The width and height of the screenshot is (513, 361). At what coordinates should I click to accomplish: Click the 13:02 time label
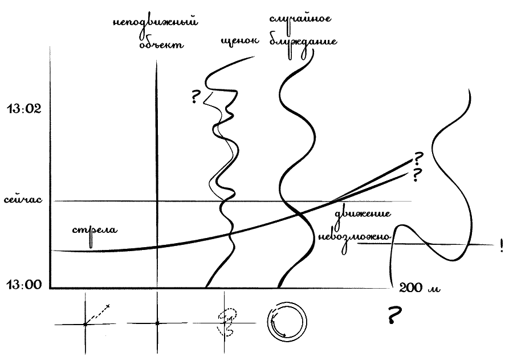24,108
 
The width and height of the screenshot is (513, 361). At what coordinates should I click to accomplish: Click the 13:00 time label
24,284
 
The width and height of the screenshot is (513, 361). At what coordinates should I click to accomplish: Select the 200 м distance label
420,288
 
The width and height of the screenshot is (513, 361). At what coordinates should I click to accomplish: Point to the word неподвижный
155,23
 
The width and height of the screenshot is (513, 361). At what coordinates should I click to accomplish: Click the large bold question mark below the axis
393,315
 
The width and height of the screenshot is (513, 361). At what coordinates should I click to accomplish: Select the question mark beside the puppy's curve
196,97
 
